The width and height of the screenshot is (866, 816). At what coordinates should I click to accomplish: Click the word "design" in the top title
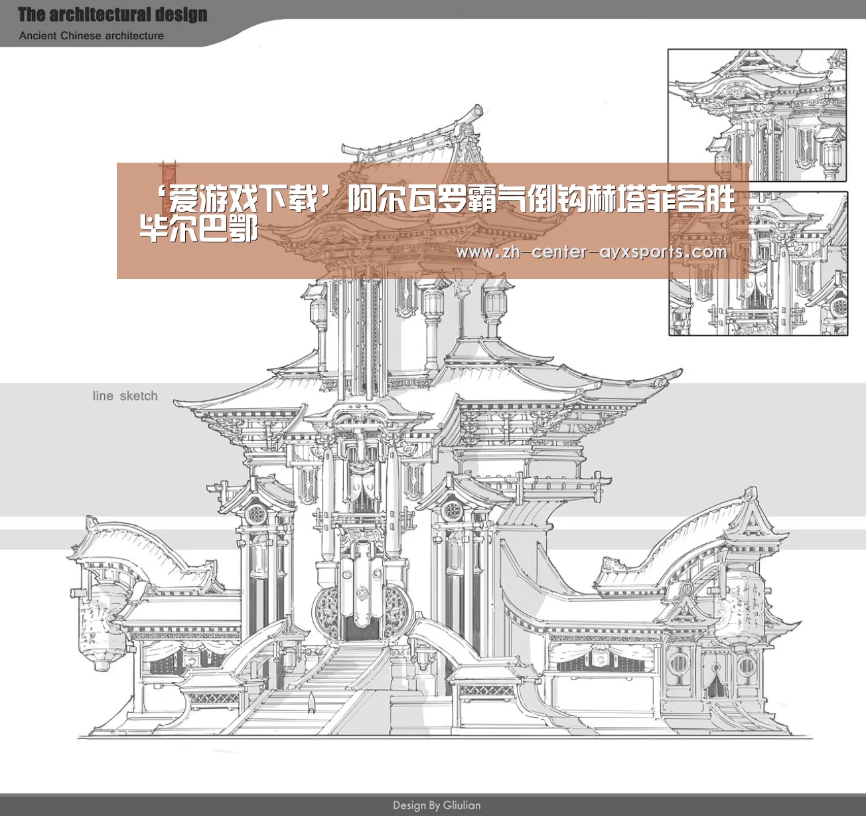[x=182, y=15]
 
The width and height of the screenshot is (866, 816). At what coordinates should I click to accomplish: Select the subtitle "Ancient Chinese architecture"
[x=92, y=35]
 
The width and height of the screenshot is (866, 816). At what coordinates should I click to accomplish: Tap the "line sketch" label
[x=125, y=396]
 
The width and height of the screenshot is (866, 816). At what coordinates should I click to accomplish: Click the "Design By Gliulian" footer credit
[x=437, y=805]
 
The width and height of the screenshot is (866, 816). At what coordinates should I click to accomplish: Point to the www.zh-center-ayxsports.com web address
[x=592, y=252]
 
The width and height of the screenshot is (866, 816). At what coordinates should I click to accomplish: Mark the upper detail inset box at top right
[x=757, y=116]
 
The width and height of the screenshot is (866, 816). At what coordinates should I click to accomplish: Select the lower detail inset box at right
[x=758, y=264]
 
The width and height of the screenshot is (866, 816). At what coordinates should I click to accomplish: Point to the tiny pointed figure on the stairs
[x=311, y=702]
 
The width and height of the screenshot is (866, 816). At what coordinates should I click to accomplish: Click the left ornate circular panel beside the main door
[x=326, y=612]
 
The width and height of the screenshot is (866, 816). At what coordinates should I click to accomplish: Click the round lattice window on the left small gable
[x=255, y=514]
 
